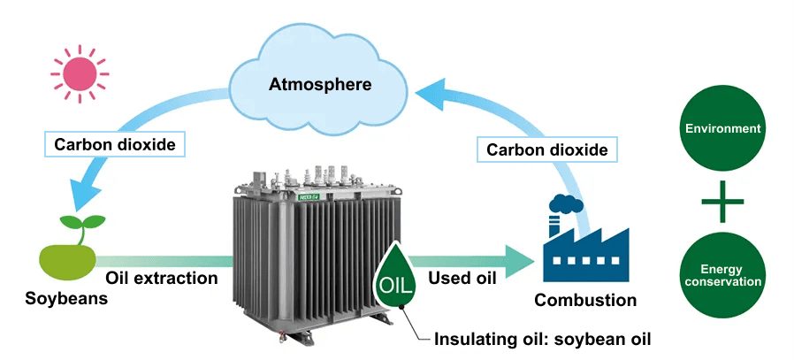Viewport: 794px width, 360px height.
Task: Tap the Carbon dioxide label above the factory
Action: tap(547, 149)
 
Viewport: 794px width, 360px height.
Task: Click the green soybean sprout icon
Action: tap(66, 248)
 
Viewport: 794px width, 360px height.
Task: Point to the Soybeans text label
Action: tap(66, 298)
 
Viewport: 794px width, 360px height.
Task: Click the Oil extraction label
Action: tap(162, 278)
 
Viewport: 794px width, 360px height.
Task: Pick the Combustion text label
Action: tap(585, 300)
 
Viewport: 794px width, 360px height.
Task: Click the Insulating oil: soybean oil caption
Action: tap(542, 340)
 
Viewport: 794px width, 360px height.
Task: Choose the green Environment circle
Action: tap(723, 129)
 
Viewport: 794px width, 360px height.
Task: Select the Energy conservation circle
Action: tap(723, 275)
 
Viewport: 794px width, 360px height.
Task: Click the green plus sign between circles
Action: tap(723, 203)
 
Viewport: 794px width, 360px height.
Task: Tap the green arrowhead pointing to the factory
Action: tap(521, 260)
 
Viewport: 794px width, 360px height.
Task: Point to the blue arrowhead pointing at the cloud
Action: tap(431, 87)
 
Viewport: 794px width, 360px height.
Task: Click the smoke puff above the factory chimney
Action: tap(565, 203)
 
